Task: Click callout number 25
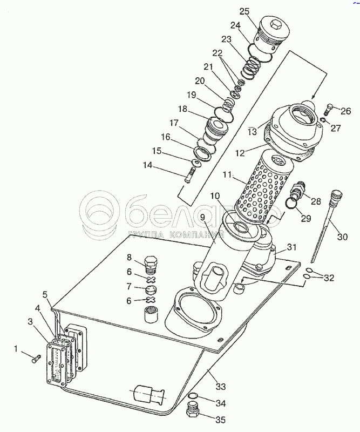point(245,11)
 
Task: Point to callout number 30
point(342,237)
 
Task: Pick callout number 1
point(16,348)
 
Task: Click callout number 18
point(183,109)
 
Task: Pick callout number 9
point(203,217)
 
